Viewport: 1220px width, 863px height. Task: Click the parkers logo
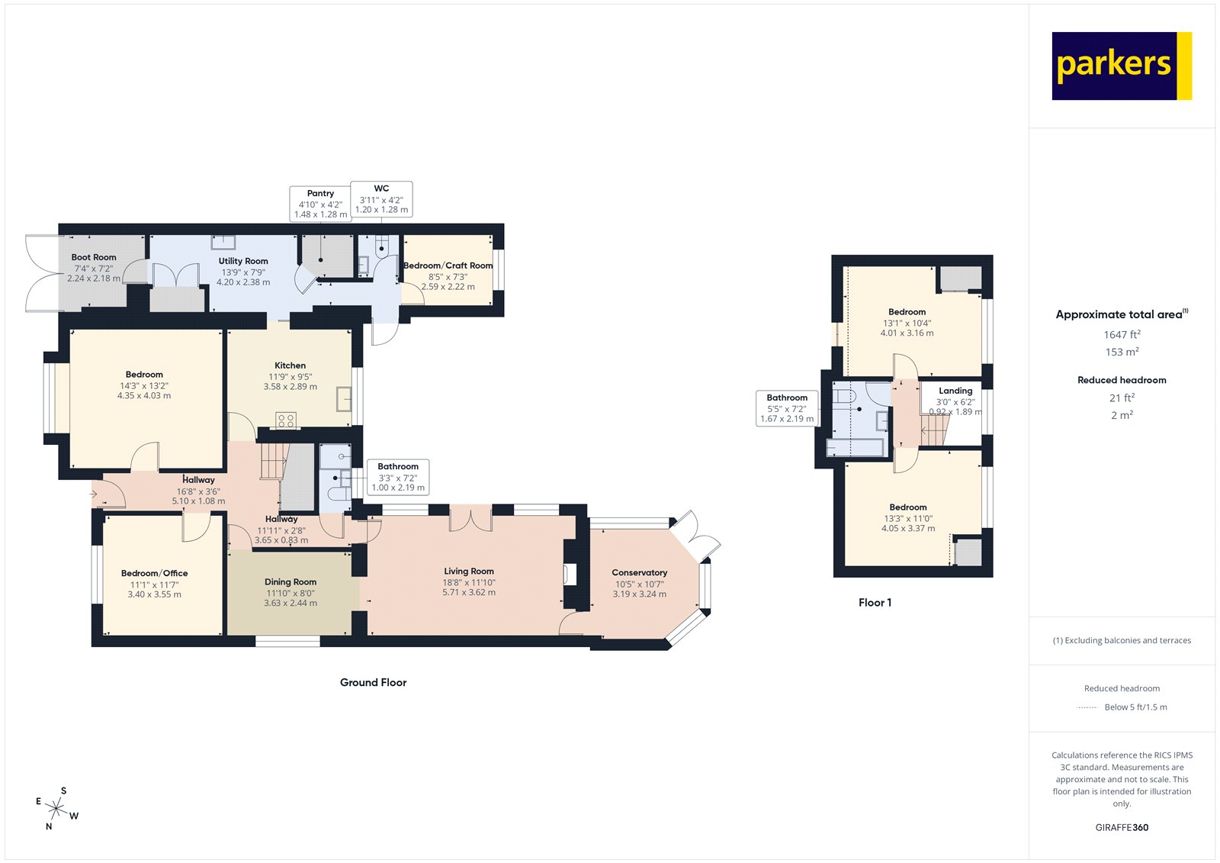(1121, 66)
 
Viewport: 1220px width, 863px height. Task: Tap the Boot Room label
(94, 257)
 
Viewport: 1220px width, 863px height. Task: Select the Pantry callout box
(320, 204)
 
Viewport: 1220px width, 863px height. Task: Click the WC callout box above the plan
(381, 199)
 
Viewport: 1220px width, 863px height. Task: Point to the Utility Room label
(243, 261)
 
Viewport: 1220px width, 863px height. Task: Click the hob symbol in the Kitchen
(286, 420)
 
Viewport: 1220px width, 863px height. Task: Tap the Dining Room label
(291, 581)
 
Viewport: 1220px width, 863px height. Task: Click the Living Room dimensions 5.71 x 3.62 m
(469, 592)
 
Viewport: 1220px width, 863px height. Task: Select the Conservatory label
(639, 572)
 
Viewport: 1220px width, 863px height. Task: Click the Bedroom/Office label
(154, 573)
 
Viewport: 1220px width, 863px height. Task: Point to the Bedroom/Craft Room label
(448, 266)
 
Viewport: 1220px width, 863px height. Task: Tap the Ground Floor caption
(373, 682)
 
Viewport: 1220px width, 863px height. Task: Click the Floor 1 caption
(875, 602)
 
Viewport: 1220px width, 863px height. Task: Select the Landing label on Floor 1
(955, 391)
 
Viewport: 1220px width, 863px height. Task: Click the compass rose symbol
(56, 807)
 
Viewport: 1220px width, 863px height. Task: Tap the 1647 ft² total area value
(1122, 334)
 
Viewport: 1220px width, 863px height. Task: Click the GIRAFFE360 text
(1122, 827)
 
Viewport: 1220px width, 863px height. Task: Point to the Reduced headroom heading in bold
(1122, 380)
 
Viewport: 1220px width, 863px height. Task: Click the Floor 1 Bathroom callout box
(787, 408)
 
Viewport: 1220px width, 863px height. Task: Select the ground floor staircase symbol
(272, 462)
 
